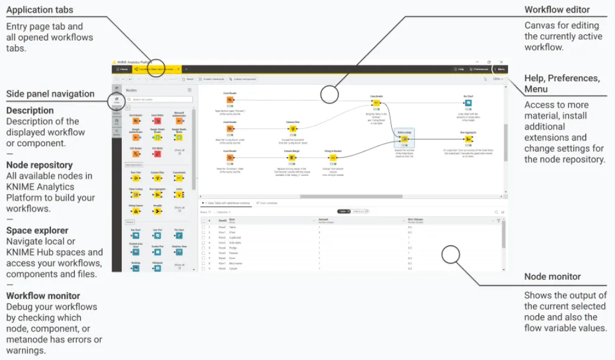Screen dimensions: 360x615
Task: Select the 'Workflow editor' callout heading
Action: pyautogui.click(x=557, y=10)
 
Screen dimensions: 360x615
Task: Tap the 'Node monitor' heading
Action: pyautogui.click(x=552, y=277)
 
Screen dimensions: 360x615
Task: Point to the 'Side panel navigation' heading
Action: pyautogui.click(x=50, y=94)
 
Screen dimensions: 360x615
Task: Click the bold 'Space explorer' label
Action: pyautogui.click(x=37, y=230)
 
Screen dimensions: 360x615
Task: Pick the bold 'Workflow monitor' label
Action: pyautogui.click(x=43, y=296)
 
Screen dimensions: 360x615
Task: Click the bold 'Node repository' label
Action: pyautogui.click(x=39, y=165)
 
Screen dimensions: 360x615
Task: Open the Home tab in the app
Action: pyautogui.click(x=122, y=70)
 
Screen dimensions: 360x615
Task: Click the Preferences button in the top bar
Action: pyautogui.click(x=479, y=70)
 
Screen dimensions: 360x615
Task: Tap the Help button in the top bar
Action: pyautogui.click(x=458, y=70)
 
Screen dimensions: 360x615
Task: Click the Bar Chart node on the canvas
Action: pyautogui.click(x=468, y=103)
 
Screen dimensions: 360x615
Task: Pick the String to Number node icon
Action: pyautogui.click(x=334, y=158)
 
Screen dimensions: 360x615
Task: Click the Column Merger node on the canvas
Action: pyautogui.click(x=292, y=158)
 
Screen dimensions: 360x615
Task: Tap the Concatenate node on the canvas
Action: pyautogui.click(x=376, y=103)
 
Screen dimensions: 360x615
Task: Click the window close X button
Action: pyautogui.click(x=502, y=62)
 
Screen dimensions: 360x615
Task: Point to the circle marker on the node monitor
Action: pyautogui.click(x=451, y=255)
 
